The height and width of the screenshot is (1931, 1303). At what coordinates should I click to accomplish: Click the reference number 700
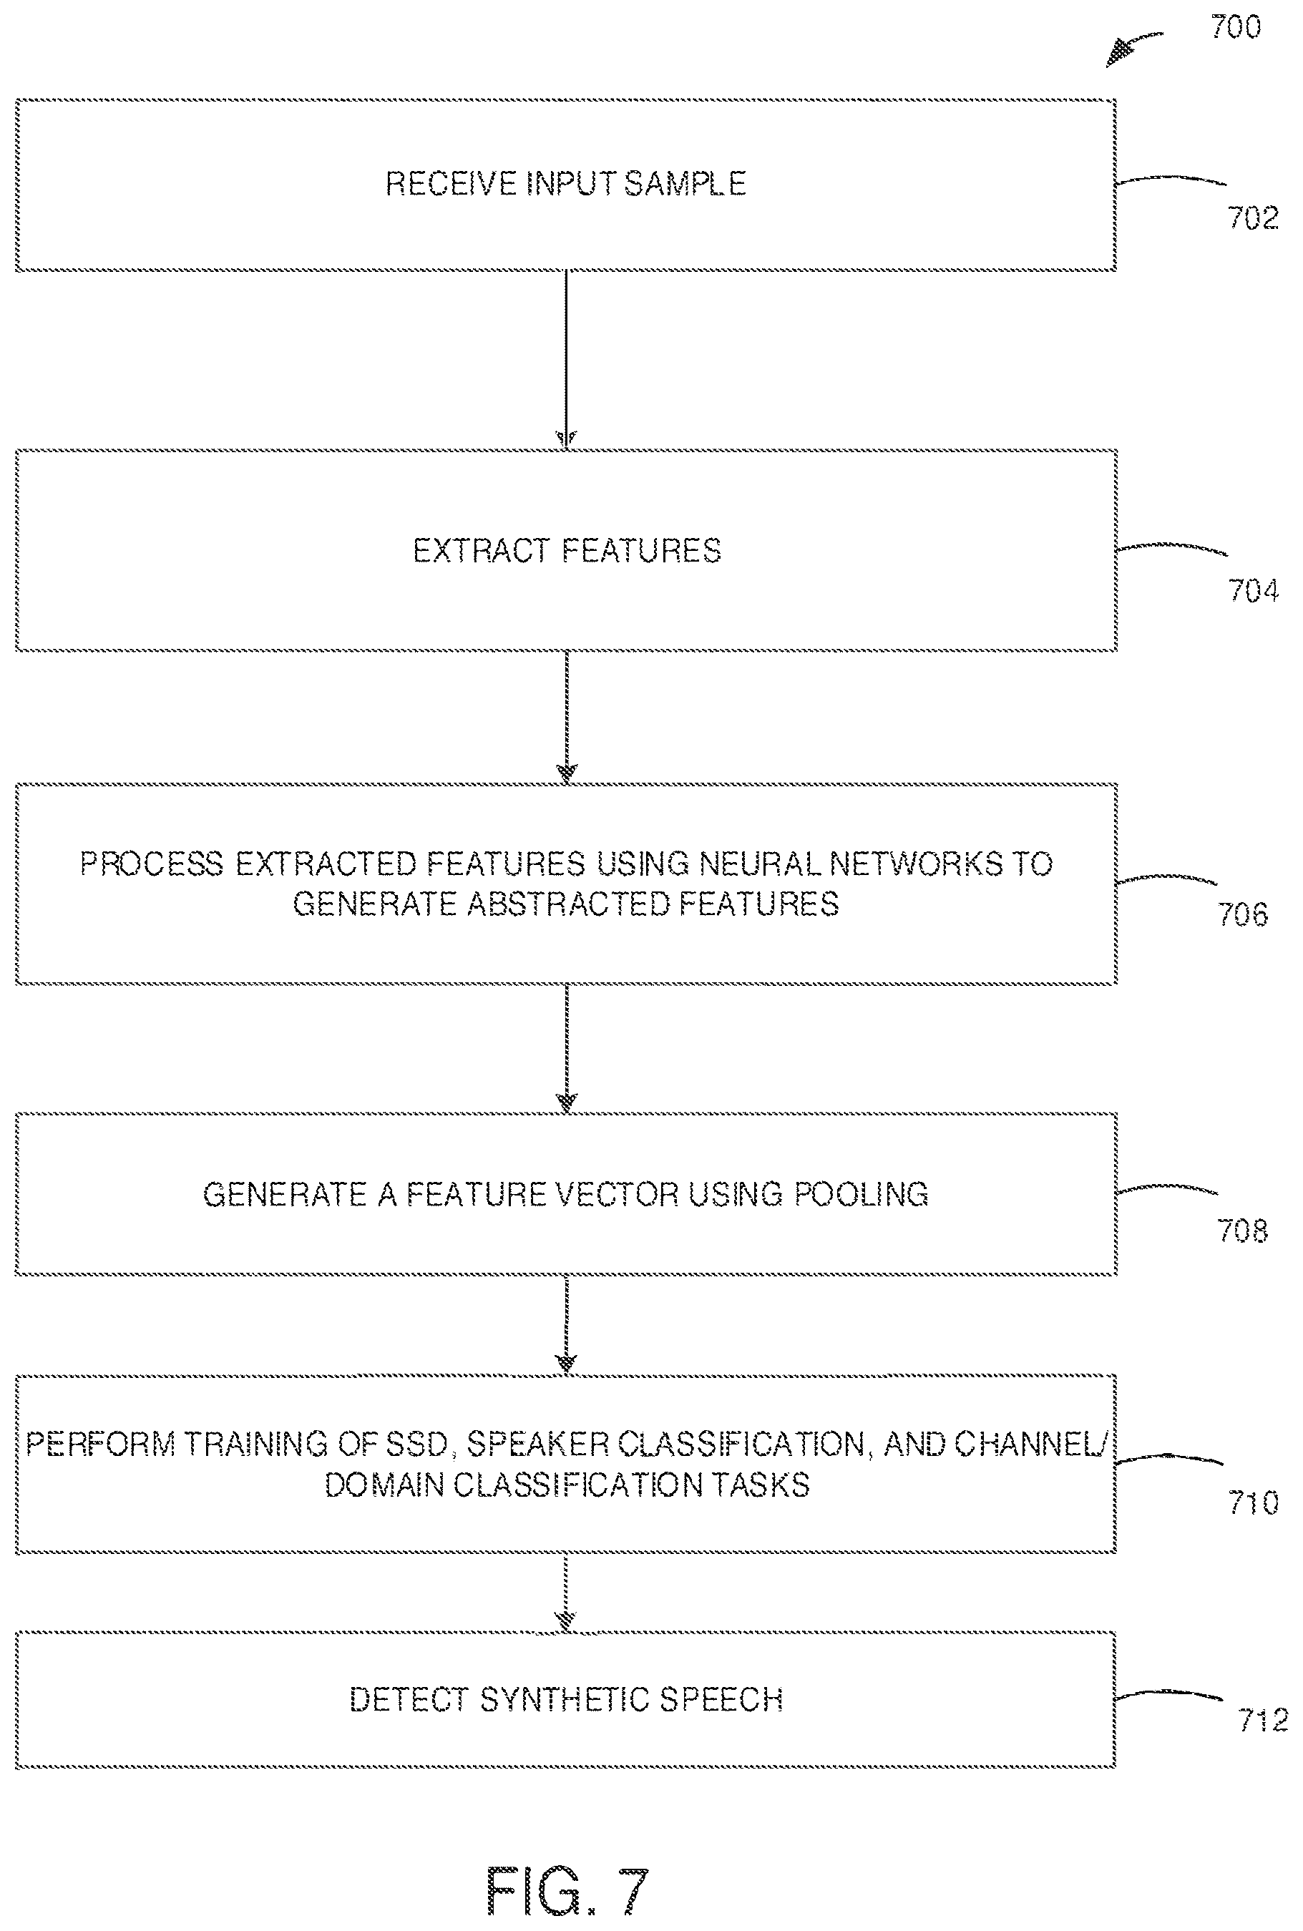1236,27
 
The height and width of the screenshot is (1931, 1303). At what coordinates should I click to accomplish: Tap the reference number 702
1252,217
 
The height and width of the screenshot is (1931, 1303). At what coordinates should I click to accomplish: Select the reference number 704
1253,591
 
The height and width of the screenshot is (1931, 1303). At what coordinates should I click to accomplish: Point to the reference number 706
1242,915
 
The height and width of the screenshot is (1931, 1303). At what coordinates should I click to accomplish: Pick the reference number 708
1242,1231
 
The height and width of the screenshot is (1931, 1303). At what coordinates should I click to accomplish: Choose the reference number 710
1253,1502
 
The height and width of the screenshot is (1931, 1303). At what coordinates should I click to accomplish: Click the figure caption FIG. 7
567,1890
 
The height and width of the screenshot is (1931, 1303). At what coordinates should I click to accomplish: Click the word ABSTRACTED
567,904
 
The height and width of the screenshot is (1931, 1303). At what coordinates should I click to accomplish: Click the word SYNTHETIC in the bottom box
562,1700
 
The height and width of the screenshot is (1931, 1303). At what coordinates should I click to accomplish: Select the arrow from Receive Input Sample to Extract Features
566,360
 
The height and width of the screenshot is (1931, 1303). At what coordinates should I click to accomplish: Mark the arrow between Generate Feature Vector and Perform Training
566,1325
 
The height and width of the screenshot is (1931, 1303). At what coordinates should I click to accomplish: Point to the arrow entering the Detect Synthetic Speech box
566,1593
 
